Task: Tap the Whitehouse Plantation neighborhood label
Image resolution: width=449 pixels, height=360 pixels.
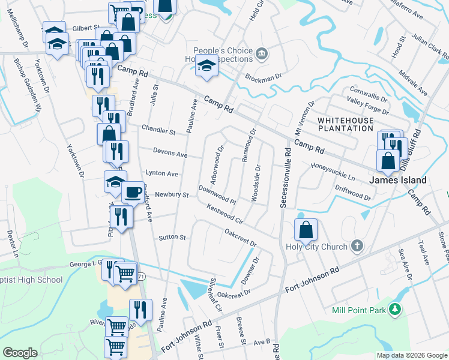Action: (x=345, y=124)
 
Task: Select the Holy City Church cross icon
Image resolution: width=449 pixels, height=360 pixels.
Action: (x=357, y=246)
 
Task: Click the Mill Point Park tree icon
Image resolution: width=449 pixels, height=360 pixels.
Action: (x=394, y=310)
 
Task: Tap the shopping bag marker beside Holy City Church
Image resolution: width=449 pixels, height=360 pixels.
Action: (x=306, y=229)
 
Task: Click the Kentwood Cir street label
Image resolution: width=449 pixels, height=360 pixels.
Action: (x=224, y=213)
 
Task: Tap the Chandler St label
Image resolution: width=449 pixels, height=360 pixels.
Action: (x=158, y=130)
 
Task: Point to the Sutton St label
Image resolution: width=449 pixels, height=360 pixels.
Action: (x=172, y=238)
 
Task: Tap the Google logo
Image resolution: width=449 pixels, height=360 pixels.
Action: (x=20, y=352)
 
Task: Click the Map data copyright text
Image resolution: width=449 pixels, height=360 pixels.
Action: (x=412, y=355)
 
